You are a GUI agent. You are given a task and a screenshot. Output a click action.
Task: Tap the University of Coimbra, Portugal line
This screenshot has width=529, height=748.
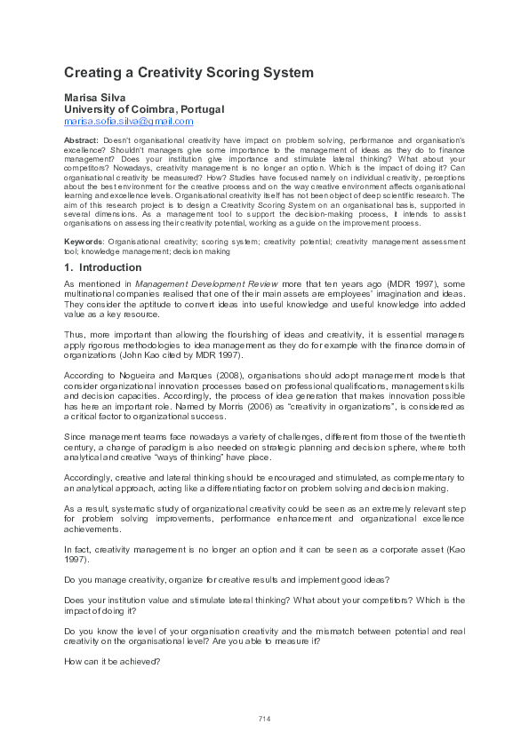click(x=144, y=108)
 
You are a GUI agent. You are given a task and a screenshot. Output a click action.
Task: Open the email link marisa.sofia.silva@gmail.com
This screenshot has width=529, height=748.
click(x=129, y=121)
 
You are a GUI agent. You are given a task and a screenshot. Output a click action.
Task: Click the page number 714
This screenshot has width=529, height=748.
click(x=264, y=718)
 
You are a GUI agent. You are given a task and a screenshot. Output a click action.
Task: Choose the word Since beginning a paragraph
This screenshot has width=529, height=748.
click(x=77, y=436)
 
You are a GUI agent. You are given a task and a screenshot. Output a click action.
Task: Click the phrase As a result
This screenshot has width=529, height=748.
click(x=86, y=505)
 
